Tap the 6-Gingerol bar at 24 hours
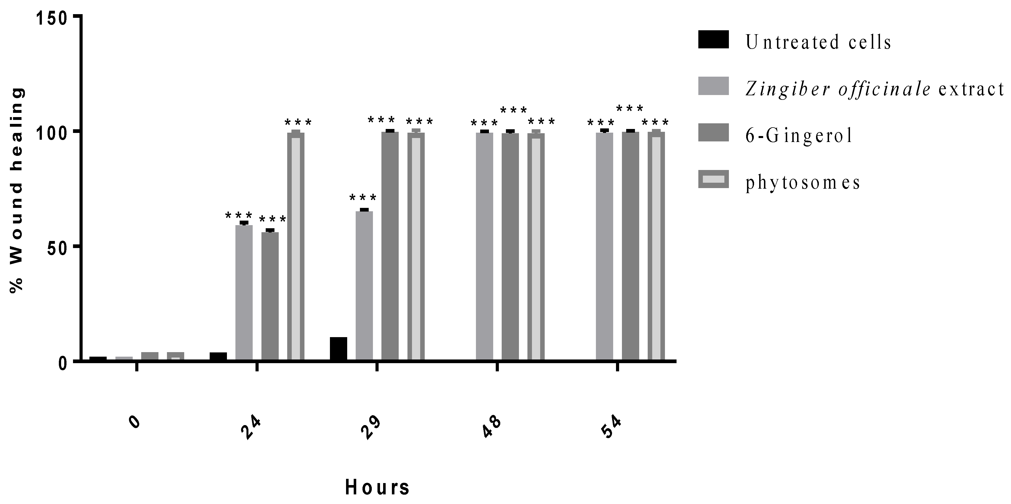coord(270,296)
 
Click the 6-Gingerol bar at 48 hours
coord(510,246)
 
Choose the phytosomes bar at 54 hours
coord(656,246)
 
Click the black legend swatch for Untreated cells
coord(713,40)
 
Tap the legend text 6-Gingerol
coord(799,135)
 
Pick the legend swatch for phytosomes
coord(713,179)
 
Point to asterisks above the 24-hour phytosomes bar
coord(298,123)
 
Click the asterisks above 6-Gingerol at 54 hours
coord(630,108)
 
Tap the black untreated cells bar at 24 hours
coord(218,356)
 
